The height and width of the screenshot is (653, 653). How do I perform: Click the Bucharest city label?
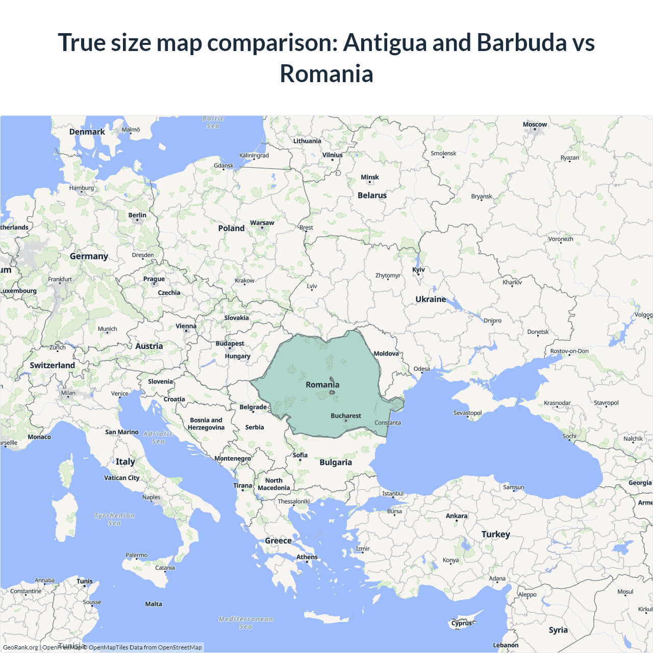[x=346, y=416]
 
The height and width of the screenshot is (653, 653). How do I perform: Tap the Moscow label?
[x=535, y=124]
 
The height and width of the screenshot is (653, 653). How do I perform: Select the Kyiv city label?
[x=418, y=270]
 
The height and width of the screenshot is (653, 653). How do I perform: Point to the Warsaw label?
[x=262, y=223]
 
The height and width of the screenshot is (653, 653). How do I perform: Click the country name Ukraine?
[x=431, y=299]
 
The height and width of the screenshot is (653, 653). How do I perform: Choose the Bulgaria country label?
[x=336, y=462]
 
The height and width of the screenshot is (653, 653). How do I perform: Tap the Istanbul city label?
[x=393, y=493]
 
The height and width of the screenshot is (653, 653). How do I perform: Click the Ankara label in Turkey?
[x=457, y=516]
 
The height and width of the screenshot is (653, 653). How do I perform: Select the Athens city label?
[x=307, y=557]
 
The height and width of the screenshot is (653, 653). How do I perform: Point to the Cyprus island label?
[x=462, y=623]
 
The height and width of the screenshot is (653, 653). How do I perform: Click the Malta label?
[x=154, y=604]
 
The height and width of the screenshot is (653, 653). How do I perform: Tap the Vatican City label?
[x=121, y=478]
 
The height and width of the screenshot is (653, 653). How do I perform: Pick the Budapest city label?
[x=230, y=343]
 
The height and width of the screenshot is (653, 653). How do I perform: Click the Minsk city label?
[x=370, y=178]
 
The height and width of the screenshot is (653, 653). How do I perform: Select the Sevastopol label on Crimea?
[x=467, y=413]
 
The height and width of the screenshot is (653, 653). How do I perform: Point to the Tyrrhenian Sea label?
[x=115, y=519]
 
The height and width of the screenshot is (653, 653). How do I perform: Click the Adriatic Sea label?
[x=158, y=438]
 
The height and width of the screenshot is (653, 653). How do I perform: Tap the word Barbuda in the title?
[x=521, y=42]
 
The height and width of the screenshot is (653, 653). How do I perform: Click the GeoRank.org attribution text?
[x=20, y=647]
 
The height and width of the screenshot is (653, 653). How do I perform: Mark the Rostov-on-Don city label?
[x=569, y=351]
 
